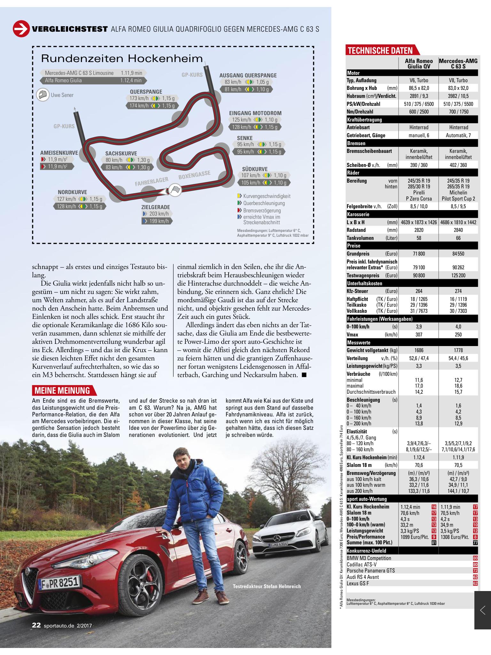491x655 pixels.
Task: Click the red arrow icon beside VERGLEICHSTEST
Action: [x=21, y=29]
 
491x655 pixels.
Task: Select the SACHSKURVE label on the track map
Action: [x=121, y=153]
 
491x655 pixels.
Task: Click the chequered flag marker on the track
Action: [x=175, y=190]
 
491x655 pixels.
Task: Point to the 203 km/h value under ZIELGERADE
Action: [x=159, y=214]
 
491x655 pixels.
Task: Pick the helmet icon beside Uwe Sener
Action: [x=43, y=95]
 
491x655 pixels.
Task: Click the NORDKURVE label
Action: [x=72, y=192]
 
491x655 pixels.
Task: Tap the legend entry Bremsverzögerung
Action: [x=262, y=210]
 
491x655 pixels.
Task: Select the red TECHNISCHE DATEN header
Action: [x=380, y=51]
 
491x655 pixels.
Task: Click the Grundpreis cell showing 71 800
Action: [x=419, y=254]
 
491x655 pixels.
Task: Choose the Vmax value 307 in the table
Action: [x=419, y=335]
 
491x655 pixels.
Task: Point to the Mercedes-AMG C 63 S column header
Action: [x=458, y=63]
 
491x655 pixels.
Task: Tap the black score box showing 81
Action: [x=434, y=542]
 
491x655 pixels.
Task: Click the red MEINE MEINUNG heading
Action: [x=62, y=391]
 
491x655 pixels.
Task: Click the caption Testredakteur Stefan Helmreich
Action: [x=267, y=586]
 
